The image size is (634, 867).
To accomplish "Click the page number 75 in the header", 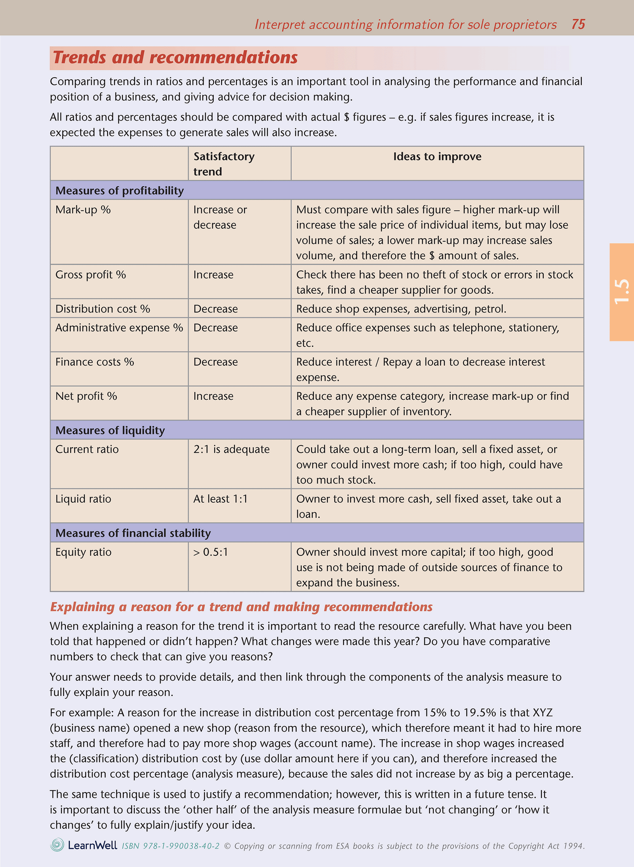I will pos(578,24).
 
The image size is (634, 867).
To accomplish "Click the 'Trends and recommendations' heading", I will pos(175,58).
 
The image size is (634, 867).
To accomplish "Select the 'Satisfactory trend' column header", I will pos(224,164).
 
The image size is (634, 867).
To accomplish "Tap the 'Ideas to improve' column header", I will pos(437,157).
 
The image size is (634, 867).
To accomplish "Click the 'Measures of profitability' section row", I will pos(119,191).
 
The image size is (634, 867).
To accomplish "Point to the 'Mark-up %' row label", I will pos(83,210).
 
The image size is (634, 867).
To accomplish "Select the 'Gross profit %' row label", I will pos(90,275).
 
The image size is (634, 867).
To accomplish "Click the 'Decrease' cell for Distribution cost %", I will pos(215,309).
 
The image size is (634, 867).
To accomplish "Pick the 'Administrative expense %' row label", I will pos(119,328).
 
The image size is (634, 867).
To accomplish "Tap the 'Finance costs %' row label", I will pos(94,362).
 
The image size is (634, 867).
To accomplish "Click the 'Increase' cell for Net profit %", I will pos(213,396).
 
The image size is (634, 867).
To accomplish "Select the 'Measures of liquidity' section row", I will pos(110,430).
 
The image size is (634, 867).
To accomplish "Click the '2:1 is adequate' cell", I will pos(231,449).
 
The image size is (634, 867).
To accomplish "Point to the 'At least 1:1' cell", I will pos(220,499).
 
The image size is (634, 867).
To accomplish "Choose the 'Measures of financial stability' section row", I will pos(133,533).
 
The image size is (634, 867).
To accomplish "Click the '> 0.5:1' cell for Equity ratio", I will pos(211,552).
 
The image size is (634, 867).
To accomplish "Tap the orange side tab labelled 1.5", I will pos(622,292).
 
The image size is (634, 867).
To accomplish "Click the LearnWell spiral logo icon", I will pos(57,845).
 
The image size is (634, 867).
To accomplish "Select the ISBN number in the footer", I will pos(171,846).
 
